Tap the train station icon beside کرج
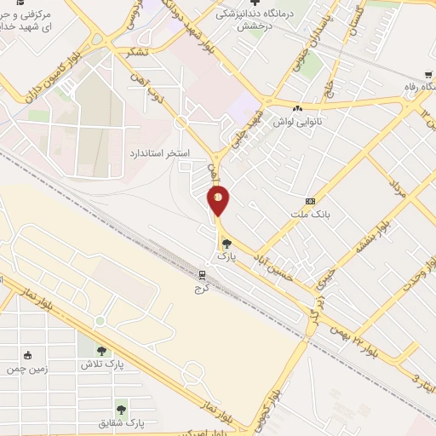pyautogui.click(x=203, y=274)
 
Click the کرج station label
pyautogui.click(x=203, y=287)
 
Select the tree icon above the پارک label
pyautogui.click(x=225, y=244)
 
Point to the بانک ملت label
pyautogui.click(x=309, y=214)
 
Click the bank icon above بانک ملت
pyautogui.click(x=309, y=201)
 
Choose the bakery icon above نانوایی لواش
pyautogui.click(x=297, y=109)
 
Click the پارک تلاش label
pyautogui.click(x=97, y=364)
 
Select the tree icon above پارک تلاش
pyautogui.click(x=101, y=351)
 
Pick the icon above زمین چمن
pyautogui.click(x=29, y=356)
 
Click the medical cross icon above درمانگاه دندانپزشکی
pyautogui.click(x=265, y=4)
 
